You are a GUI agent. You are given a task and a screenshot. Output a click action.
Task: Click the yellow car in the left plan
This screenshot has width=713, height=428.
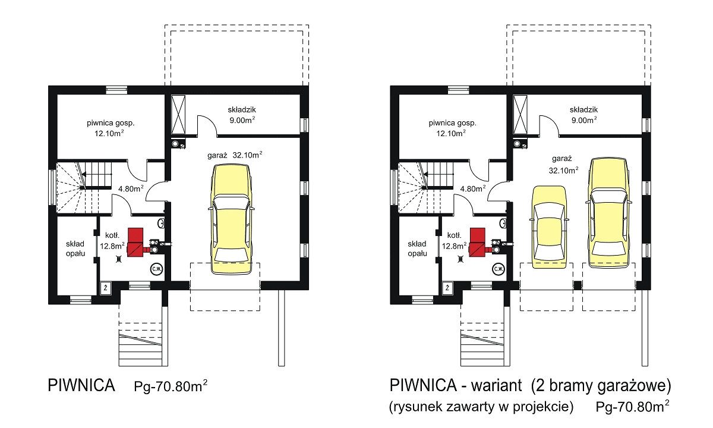point(231,219)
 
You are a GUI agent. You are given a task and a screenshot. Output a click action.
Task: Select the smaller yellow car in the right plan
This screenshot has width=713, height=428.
point(550,227)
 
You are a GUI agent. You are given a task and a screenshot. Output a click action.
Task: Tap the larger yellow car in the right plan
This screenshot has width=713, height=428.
point(609,213)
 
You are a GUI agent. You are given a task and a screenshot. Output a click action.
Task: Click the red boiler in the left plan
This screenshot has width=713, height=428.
point(135,243)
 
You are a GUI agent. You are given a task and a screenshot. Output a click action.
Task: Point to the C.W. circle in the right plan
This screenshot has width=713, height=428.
point(499,269)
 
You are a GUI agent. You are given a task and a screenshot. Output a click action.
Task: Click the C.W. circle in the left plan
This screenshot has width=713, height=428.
point(157,269)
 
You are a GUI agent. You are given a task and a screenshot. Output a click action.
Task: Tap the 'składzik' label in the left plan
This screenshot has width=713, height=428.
point(242,109)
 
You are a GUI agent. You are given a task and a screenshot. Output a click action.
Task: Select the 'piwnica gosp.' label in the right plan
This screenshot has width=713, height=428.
point(452,123)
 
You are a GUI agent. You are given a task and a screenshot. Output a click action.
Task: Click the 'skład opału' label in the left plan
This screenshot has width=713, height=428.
point(75,248)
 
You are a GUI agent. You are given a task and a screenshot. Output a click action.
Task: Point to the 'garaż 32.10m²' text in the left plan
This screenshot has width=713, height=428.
point(235,155)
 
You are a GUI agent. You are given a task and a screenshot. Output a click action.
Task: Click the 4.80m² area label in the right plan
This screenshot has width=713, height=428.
point(473,188)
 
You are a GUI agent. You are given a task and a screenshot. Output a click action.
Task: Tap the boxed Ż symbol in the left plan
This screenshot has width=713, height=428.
point(105,288)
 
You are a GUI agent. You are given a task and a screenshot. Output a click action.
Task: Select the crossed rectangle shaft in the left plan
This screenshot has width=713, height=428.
point(178,114)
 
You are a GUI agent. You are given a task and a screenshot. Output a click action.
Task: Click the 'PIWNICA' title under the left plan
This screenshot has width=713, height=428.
point(81,385)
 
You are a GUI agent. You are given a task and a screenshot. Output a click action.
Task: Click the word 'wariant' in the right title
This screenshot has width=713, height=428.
point(497,385)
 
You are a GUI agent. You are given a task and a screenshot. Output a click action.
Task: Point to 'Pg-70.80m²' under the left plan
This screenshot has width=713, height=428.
point(171,386)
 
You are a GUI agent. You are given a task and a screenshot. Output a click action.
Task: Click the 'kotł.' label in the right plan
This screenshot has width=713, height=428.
point(454,235)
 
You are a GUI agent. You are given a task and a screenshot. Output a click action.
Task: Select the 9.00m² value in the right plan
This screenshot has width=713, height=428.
point(584,120)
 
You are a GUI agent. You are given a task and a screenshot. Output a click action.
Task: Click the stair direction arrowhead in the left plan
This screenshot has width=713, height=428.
point(84,174)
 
